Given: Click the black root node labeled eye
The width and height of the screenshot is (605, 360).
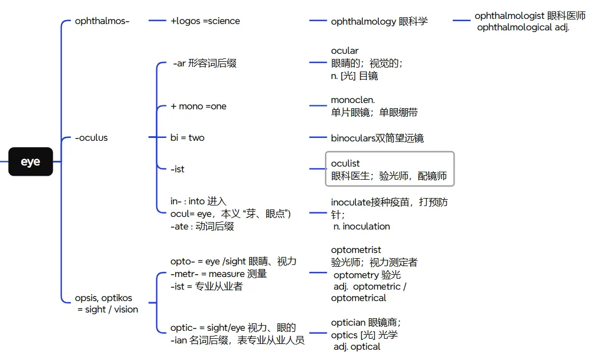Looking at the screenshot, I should point(30,161).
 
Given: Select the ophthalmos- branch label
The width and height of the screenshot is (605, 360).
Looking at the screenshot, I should point(102,21).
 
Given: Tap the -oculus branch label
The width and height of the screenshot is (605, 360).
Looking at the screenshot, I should point(91,138).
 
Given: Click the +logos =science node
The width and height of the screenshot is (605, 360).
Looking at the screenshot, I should point(205,21).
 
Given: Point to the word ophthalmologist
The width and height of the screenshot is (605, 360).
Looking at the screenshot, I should point(509,16).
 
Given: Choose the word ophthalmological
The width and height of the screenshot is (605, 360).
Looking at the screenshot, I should point(515,27).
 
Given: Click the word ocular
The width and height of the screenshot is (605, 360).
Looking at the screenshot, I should point(345,51).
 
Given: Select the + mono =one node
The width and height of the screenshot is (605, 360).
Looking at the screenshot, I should point(198,106).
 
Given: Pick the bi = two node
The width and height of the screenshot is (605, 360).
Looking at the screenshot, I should point(187,138).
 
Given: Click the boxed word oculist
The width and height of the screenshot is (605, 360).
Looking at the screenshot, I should point(345,164).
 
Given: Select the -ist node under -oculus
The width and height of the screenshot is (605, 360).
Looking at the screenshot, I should point(177,169).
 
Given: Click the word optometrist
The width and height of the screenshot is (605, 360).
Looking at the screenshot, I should point(356,250).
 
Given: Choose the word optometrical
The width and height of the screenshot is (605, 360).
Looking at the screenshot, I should point(358,298).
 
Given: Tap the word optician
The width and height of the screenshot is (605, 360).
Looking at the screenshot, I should point(348,323).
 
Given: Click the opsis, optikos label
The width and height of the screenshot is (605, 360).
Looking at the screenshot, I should point(103,298).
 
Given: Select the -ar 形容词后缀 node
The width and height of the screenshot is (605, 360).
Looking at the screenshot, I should point(204,64).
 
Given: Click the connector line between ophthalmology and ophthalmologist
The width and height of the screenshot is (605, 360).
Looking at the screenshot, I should point(461,21).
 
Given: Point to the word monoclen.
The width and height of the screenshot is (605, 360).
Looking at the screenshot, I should point(353,100).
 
